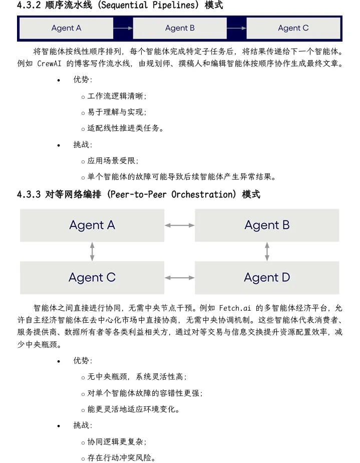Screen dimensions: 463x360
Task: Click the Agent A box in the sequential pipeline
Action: (66, 28)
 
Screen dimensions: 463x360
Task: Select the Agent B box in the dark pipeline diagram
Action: (180, 28)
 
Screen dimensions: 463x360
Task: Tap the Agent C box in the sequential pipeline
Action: (293, 28)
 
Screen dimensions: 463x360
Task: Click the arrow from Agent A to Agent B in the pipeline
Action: (123, 28)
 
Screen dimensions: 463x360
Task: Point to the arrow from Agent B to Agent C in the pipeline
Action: (237, 28)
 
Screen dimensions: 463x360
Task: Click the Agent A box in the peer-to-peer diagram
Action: (92, 225)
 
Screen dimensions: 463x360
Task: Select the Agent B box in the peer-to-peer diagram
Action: (267, 225)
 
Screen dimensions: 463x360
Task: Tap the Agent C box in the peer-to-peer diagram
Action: (92, 277)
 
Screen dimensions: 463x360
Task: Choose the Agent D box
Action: (267, 277)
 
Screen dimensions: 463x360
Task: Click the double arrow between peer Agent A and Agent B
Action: (180, 225)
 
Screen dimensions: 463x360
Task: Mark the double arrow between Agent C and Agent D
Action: (180, 277)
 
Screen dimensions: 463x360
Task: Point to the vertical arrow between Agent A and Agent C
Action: (92, 251)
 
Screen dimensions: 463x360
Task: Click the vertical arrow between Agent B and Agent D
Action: (267, 251)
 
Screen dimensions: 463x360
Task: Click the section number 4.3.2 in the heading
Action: (29, 6)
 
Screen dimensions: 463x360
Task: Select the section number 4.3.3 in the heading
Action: (29, 194)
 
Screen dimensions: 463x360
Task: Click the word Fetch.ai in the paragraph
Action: (234, 307)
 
